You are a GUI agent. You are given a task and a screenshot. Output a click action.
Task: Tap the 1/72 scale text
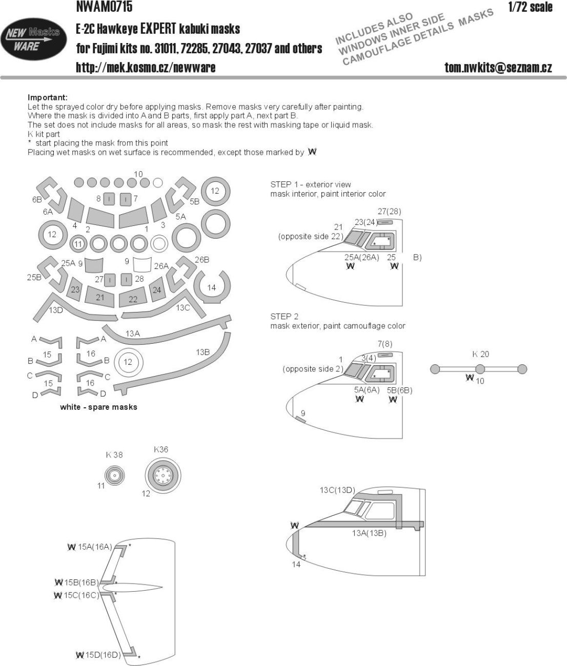[x=530, y=7]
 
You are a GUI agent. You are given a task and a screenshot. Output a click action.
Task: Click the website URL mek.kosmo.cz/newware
[x=146, y=68]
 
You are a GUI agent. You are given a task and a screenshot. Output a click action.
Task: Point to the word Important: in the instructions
[x=47, y=97]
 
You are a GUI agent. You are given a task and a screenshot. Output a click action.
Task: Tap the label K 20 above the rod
[x=480, y=355]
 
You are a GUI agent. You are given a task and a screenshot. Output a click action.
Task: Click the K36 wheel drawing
[x=163, y=474]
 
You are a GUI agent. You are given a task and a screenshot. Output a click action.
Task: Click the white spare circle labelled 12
[x=128, y=362]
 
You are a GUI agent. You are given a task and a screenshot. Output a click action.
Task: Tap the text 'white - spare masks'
[x=98, y=407]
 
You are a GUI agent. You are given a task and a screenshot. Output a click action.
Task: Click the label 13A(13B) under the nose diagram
[x=369, y=533]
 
